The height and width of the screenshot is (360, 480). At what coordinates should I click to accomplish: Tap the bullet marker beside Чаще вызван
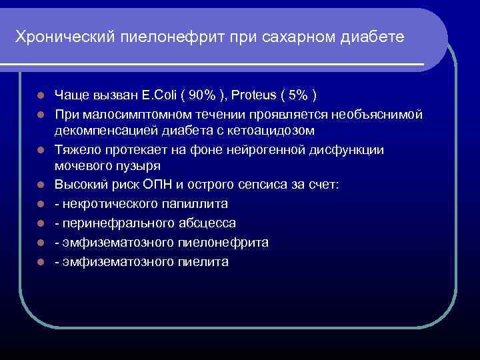coord(41,93)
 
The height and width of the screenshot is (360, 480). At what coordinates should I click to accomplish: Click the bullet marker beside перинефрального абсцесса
coord(41,223)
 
